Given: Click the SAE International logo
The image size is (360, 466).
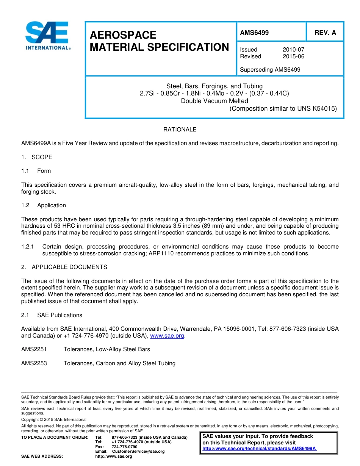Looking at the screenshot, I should [47, 36].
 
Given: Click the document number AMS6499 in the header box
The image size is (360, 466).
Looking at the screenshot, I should [254, 33].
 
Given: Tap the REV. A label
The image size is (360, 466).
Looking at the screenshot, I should [325, 33].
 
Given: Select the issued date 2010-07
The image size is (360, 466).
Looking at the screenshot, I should [293, 50].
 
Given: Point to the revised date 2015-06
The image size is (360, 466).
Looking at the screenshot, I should [293, 56].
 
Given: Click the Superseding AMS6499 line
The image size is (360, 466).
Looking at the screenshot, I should [270, 70].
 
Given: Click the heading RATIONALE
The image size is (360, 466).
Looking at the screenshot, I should [180, 130].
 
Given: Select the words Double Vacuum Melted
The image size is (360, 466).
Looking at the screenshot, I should [214, 101].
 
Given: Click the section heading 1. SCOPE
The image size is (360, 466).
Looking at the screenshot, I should [37, 157].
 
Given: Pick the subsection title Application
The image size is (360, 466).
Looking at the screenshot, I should [52, 205].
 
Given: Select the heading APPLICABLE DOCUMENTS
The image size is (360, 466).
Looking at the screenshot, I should [69, 267].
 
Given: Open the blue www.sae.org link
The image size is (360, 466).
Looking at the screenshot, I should [167, 336].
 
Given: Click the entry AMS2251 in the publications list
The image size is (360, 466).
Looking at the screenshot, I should [34, 349].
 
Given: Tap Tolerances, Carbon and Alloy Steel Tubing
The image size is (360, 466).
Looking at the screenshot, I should [119, 363].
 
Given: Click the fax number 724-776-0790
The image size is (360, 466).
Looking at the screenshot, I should [124, 447].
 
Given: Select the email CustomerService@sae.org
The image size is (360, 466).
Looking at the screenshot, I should [138, 452].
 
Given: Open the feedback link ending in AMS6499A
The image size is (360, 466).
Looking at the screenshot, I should [259, 449].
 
